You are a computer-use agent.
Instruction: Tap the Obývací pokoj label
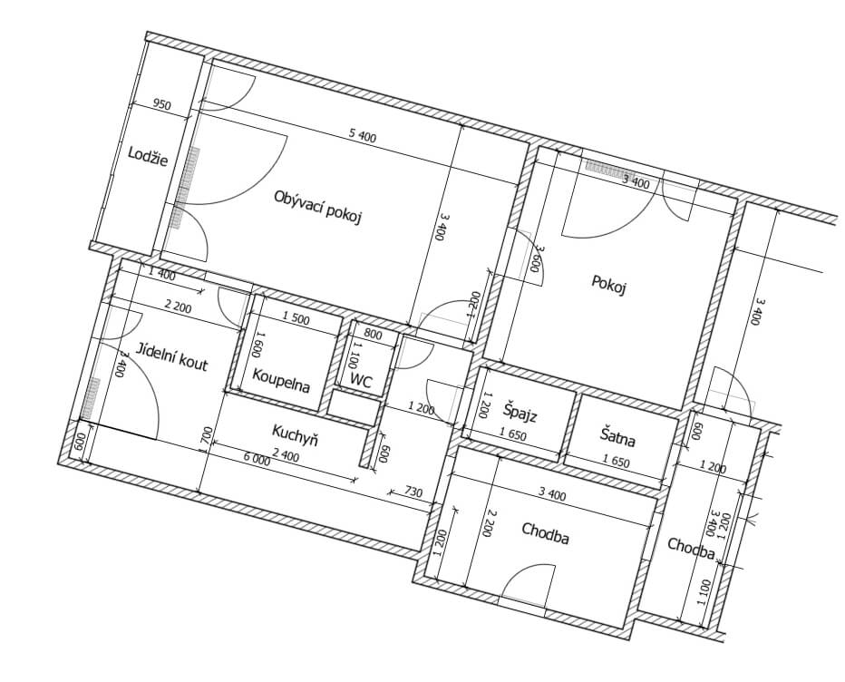click(x=317, y=207)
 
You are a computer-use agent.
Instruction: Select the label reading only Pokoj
click(x=608, y=284)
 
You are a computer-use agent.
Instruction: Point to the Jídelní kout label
click(x=171, y=356)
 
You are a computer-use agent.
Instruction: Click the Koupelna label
click(x=281, y=380)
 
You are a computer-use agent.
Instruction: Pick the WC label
click(x=361, y=381)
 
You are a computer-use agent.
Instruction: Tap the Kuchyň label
click(x=295, y=435)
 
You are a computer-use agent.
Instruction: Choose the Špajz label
click(x=520, y=412)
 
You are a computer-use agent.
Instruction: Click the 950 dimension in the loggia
click(x=161, y=104)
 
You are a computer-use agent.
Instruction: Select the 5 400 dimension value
click(x=363, y=136)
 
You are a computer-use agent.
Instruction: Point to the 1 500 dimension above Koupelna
click(x=296, y=319)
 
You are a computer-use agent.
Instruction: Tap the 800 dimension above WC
click(x=373, y=336)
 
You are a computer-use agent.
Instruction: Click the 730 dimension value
click(x=413, y=492)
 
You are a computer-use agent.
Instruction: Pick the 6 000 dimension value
click(x=257, y=458)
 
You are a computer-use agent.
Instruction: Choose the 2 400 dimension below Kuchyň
click(x=286, y=456)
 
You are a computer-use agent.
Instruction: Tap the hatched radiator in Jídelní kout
click(x=91, y=398)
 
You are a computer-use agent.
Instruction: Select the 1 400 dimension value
click(x=161, y=274)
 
